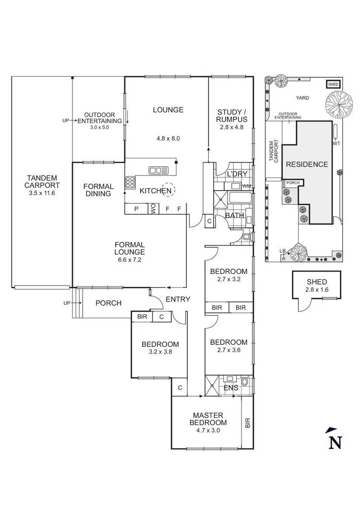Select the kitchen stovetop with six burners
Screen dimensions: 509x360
pos(130,182)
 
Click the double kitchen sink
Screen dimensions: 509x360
pos(158,170)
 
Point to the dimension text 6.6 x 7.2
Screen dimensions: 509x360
pos(130,260)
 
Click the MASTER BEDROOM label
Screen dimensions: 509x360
pos(209,419)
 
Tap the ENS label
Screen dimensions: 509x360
pos(230,387)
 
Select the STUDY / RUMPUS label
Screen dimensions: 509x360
pos(231,116)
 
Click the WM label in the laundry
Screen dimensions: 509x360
pos(247,186)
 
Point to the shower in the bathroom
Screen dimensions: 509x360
pos(221,198)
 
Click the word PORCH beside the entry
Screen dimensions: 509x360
pos(108,303)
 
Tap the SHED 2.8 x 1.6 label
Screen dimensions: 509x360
pos(316,285)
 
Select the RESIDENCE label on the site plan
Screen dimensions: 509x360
pos(307,164)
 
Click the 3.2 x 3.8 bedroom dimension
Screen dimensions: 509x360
pos(160,351)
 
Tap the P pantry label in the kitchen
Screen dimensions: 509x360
pos(136,209)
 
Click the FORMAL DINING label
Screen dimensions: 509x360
pos(98,189)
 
